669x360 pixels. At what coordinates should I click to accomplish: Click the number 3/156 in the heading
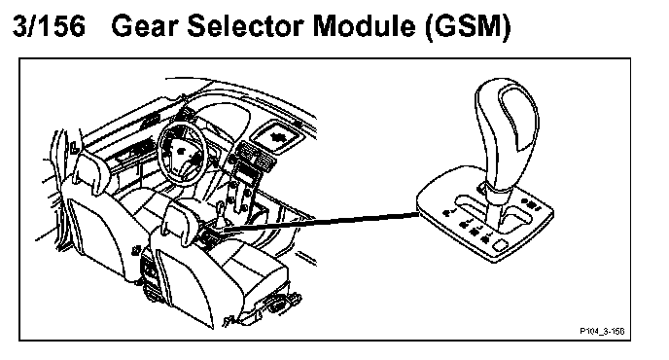49,26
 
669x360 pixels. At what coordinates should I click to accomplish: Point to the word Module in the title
365,26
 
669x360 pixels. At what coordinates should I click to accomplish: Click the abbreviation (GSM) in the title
468,27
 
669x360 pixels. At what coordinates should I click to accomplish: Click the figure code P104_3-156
602,331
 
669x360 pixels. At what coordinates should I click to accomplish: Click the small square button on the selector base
500,245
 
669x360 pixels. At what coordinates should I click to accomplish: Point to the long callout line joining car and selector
321,221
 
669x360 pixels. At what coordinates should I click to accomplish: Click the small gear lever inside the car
220,213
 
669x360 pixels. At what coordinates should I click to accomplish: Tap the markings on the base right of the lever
532,205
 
